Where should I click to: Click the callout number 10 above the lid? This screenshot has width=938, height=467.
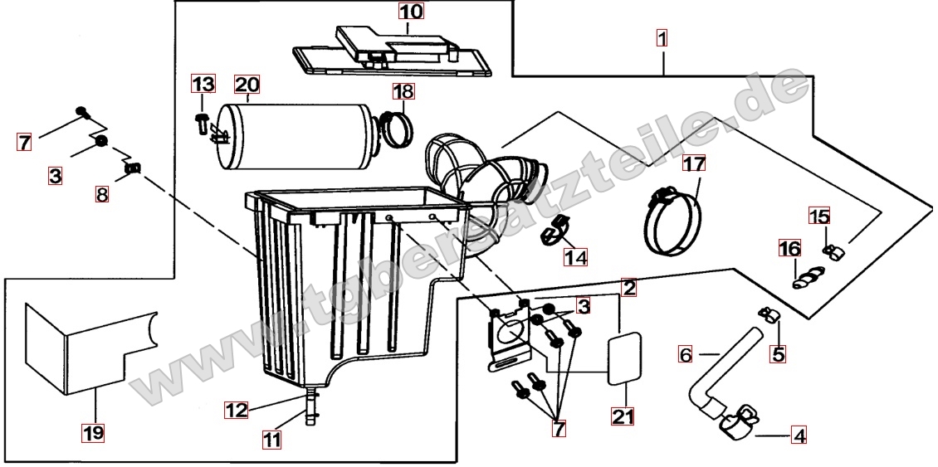click(x=411, y=12)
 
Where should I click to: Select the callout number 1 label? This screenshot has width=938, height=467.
click(x=662, y=38)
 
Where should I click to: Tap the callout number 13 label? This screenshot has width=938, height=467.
click(x=203, y=84)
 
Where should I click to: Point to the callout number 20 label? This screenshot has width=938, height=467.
click(x=247, y=85)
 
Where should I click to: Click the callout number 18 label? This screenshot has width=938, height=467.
click(x=403, y=91)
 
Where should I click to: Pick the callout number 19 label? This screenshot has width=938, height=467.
click(x=94, y=431)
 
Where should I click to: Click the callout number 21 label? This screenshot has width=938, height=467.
click(x=623, y=416)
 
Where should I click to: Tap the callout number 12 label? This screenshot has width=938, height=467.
click(x=237, y=411)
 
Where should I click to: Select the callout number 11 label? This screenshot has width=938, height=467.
click(x=271, y=440)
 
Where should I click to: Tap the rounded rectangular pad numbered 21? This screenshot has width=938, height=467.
click(x=624, y=358)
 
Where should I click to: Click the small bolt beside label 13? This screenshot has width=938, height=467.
click(x=203, y=122)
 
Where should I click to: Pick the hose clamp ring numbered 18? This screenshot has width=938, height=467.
click(x=396, y=129)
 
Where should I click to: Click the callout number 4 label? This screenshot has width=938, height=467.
click(x=799, y=435)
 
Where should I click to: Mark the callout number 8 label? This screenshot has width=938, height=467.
click(x=102, y=194)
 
